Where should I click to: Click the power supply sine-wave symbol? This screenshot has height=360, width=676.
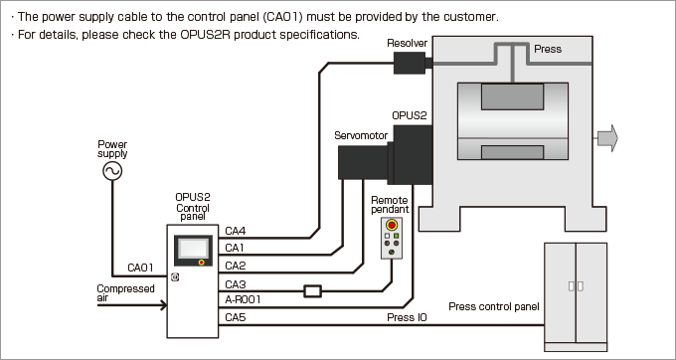point(112,171)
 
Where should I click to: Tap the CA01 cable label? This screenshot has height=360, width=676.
point(140,268)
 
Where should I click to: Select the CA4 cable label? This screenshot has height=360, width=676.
point(236,231)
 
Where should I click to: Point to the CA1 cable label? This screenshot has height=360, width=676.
point(235,248)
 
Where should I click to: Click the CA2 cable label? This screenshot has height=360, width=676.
point(236,266)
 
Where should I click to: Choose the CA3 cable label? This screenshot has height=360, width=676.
point(236,284)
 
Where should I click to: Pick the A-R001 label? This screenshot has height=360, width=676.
point(243,299)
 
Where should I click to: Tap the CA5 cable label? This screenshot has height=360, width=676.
point(236,318)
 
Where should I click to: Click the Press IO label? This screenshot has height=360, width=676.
point(407,318)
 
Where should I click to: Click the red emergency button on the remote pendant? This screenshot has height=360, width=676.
point(392,225)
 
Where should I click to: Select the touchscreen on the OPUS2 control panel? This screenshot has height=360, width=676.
point(193,249)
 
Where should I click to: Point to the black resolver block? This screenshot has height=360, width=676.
point(410,63)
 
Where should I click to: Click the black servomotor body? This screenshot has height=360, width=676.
point(364,162)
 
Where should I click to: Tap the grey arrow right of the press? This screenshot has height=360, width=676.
point(607,138)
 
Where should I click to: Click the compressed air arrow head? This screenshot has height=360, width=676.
point(164,305)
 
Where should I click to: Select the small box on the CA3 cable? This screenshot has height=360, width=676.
point(312,291)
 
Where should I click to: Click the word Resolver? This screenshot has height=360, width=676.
point(407,43)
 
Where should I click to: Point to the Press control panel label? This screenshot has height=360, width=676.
point(494,306)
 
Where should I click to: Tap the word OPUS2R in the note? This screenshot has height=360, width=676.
point(205,35)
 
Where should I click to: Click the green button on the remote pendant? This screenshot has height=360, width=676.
point(397,236)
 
